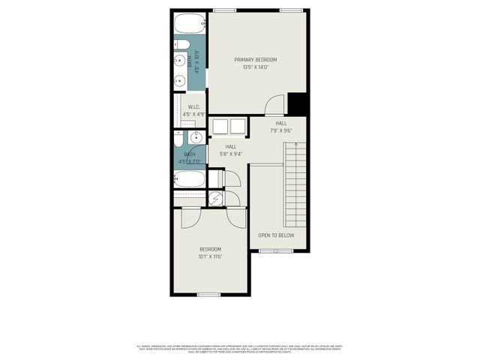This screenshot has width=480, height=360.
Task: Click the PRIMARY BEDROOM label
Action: point(255,60)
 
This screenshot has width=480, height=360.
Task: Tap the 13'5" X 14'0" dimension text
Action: point(255,67)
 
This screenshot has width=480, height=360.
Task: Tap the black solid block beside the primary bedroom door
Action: point(298,103)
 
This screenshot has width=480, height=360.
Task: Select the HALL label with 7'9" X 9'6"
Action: point(280,124)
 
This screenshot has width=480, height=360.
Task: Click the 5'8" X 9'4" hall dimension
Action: point(230,154)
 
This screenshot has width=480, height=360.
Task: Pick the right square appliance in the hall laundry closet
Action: point(238,126)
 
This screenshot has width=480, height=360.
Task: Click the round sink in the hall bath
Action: point(195,137)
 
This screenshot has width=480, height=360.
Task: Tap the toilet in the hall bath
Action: point(178,142)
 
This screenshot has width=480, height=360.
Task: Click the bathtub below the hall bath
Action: point(189,178)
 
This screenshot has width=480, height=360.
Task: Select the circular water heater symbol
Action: point(216,199)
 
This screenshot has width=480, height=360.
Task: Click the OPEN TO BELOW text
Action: point(276,235)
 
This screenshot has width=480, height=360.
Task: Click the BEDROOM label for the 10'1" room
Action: point(210,249)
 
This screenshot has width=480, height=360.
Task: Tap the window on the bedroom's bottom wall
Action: point(208,294)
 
